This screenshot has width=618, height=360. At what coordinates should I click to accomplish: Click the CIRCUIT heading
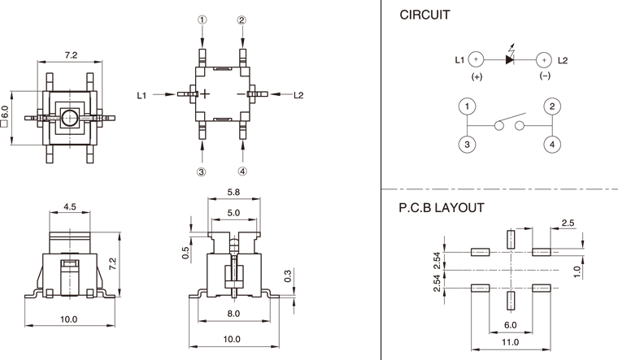click(x=424, y=15)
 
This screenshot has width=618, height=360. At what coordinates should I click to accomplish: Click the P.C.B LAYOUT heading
click(x=442, y=208)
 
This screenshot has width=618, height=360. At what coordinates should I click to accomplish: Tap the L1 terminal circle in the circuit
click(x=477, y=59)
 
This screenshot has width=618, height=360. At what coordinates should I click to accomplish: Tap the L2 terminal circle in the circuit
click(x=543, y=59)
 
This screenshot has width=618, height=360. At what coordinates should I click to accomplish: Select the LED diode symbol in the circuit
click(x=510, y=59)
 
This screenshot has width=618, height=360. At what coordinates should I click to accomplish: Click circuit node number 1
click(x=467, y=106)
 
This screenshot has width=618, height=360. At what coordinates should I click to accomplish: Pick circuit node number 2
click(x=552, y=106)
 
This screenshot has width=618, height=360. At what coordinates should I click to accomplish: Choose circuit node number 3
click(x=467, y=144)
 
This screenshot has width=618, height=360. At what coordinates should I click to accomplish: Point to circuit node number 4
click(x=552, y=144)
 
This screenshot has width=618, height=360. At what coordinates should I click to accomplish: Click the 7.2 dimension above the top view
click(x=71, y=55)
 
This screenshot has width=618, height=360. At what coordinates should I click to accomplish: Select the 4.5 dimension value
click(x=70, y=207)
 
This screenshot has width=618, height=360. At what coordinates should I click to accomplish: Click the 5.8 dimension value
click(x=233, y=193)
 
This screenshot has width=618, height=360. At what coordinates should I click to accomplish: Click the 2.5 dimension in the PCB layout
click(x=568, y=223)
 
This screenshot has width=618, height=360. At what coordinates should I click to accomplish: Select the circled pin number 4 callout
click(x=243, y=171)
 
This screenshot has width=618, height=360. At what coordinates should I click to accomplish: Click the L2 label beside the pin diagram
click(x=298, y=95)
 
